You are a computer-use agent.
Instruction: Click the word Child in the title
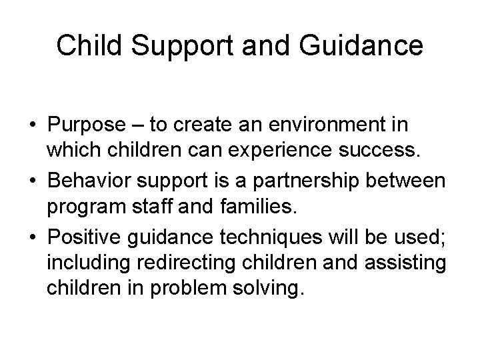(84, 45)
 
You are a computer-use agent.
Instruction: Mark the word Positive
(93, 236)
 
